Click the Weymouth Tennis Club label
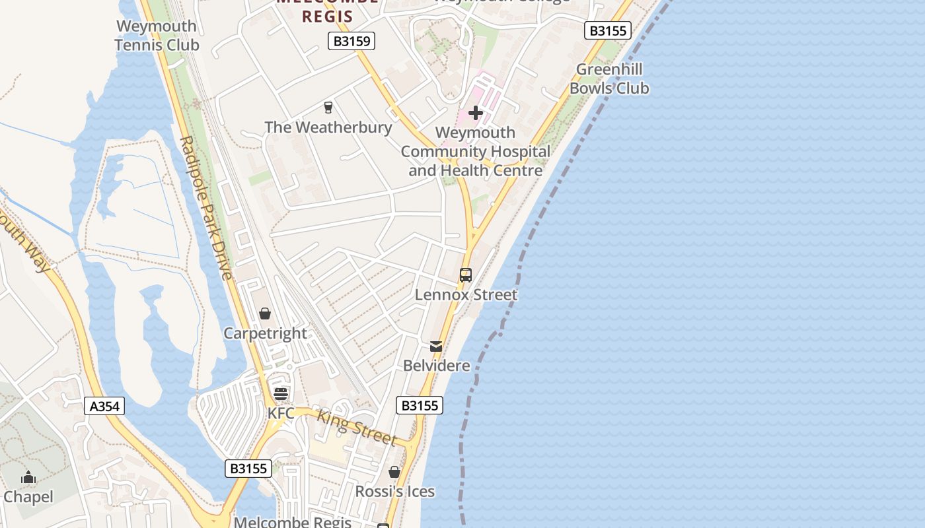pos(157,36)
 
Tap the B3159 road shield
pos(351,42)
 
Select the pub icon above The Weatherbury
pos(328,107)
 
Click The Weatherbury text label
pos(328,127)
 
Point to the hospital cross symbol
pos(476,113)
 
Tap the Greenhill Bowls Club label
pos(609,79)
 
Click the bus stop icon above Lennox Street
pos(466,275)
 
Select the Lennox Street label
pos(466,295)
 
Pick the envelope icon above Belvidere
pos(436,346)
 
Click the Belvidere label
pos(437,366)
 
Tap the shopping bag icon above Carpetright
pos(265,313)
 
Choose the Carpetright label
pos(266,333)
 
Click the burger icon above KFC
pos(281,394)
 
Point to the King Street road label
pos(357,428)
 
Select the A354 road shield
pos(104,406)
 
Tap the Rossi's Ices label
pos(395,492)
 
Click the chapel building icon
pos(28,477)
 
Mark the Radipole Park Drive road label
pos(206,208)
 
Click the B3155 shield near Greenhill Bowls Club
pos(608,30)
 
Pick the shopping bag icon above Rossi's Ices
pos(394,472)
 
